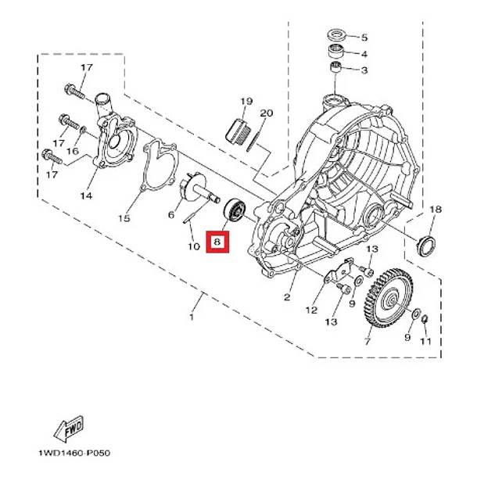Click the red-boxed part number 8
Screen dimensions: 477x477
click(x=217, y=242)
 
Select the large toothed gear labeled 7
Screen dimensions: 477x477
click(x=388, y=298)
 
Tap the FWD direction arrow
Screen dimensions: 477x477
click(x=69, y=429)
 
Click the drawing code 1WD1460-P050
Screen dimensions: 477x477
click(x=74, y=453)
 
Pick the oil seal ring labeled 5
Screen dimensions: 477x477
click(x=337, y=35)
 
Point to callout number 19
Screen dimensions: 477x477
click(x=246, y=101)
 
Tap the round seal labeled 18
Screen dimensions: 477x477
click(x=425, y=246)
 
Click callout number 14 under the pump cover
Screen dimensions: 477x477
click(x=86, y=196)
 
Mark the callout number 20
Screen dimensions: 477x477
click(x=267, y=113)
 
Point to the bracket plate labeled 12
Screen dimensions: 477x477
click(x=339, y=271)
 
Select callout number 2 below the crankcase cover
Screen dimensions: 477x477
click(x=287, y=297)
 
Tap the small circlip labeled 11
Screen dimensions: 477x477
click(x=425, y=320)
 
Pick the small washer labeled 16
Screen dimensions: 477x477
click(x=83, y=131)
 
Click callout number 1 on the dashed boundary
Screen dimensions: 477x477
click(x=192, y=317)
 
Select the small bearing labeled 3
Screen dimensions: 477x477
click(x=335, y=67)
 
